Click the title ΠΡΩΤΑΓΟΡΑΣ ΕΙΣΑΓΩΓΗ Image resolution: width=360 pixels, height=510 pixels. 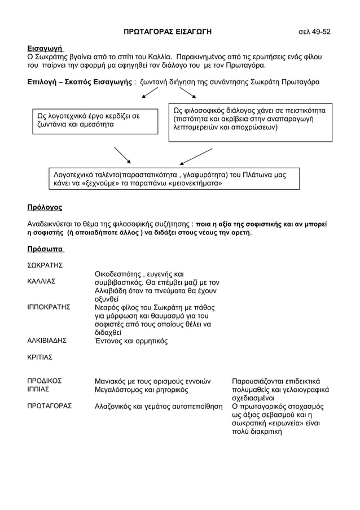(168, 32)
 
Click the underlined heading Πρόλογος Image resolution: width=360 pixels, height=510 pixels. (45, 207)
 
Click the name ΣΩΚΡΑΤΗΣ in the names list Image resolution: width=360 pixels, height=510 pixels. (45, 265)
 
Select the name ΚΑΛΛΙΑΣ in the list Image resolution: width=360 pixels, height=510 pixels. (41, 281)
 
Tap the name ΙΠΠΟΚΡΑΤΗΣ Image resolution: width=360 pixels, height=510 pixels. (49, 307)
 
